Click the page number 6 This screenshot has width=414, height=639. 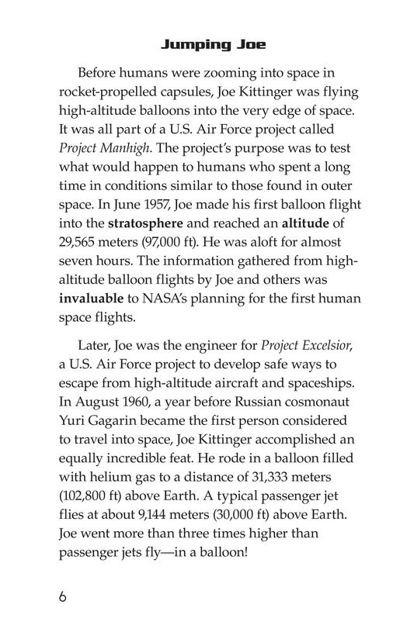[62, 598]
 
